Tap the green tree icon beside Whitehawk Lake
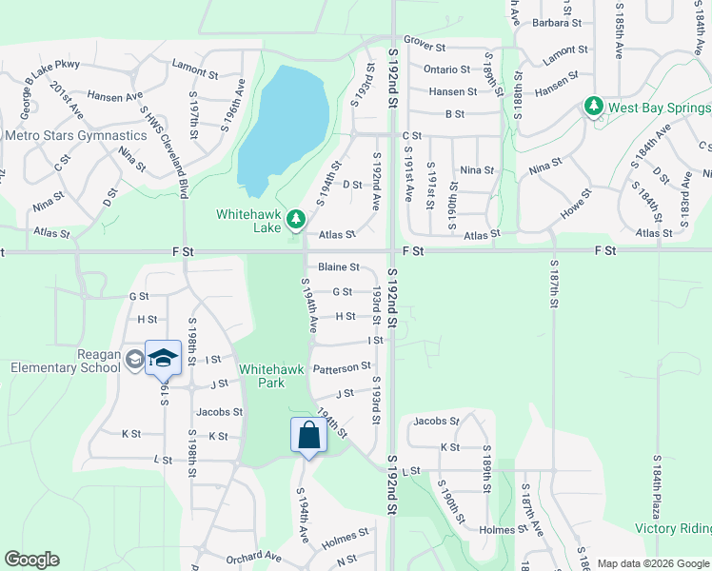click(295, 220)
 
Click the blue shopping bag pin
click(308, 435)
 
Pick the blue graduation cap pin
click(163, 358)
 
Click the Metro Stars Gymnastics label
click(76, 135)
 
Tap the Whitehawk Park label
click(261, 376)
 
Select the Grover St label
click(425, 45)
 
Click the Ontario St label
click(446, 69)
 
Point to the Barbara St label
click(556, 22)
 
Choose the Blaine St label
click(338, 267)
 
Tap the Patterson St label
click(342, 367)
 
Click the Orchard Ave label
click(253, 556)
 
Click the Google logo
click(31, 560)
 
